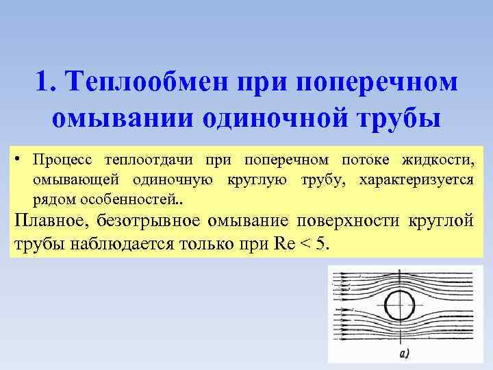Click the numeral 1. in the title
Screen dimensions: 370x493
point(44,83)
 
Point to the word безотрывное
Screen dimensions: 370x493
point(152,221)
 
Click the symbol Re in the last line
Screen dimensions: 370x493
point(281,245)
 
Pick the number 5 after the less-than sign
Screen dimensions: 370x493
point(323,245)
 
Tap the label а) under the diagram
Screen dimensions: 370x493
point(403,354)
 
